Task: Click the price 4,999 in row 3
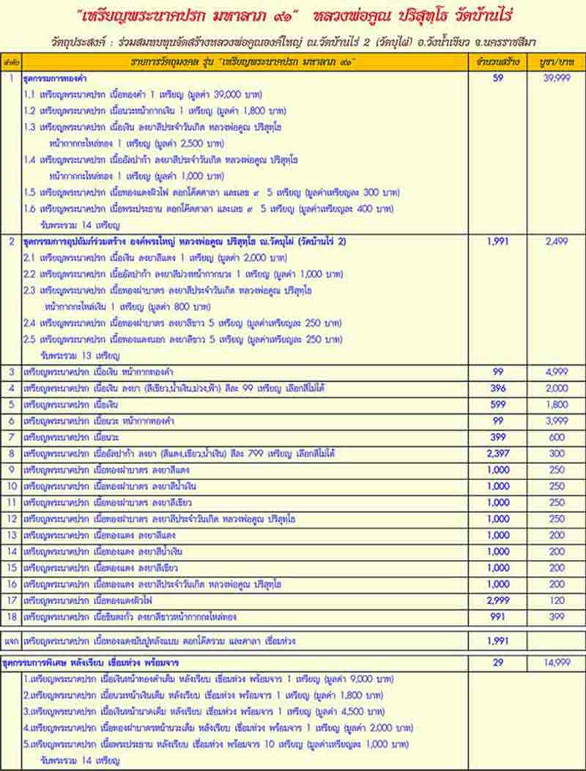557,372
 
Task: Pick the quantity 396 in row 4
498,388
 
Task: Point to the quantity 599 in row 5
498,405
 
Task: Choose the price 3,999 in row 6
557,421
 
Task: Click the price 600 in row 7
557,438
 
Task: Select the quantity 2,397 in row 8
498,454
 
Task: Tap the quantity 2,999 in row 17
498,600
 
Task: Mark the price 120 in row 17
557,600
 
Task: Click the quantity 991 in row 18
498,616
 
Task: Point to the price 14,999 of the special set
557,662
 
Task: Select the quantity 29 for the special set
498,662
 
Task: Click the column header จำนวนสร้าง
498,62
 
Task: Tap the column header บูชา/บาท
557,62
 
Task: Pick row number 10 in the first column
11,486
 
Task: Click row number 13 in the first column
11,535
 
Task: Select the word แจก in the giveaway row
11,641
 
